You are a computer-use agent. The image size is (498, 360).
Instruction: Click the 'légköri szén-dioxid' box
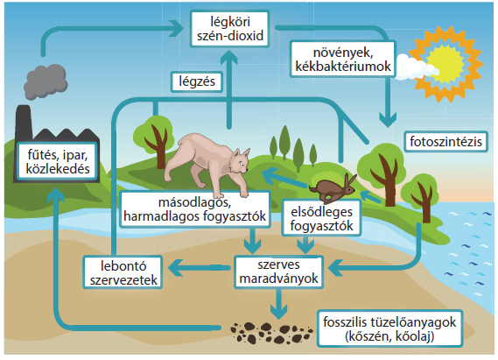229,29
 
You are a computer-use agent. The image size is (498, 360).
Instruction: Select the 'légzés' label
197,82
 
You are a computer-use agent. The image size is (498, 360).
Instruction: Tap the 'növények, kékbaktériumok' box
343,59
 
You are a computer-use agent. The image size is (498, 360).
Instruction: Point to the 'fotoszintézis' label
445,142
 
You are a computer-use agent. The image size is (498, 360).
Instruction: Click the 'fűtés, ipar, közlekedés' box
58,162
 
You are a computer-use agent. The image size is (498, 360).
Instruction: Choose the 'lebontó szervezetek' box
123,272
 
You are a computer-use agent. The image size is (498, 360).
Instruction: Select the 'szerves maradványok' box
278,272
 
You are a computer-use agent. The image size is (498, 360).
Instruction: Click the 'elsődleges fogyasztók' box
321,218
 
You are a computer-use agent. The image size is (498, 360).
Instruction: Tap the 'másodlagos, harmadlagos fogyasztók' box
194,209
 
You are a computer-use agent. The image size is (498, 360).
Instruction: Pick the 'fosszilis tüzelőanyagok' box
389,328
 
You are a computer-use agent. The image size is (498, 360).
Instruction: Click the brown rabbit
333,188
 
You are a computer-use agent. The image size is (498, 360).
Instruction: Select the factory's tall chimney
24,123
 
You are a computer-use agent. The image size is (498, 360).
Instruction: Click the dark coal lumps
271,333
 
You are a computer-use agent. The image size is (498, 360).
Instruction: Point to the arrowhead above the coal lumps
279,311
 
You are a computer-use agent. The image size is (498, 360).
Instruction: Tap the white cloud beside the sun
416,67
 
